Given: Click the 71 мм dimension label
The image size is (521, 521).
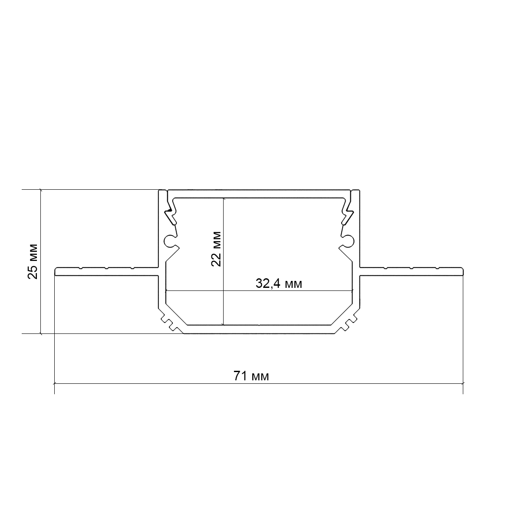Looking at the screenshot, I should (x=251, y=376).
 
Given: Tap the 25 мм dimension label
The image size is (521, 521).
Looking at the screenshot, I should (x=33, y=261).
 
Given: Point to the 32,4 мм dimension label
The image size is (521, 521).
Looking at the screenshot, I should (x=279, y=284).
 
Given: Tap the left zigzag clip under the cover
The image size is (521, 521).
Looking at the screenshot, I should (x=170, y=212).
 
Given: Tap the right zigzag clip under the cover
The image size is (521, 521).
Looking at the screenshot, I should (x=348, y=212).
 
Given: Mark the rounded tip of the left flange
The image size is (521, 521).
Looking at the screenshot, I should (x=56, y=272).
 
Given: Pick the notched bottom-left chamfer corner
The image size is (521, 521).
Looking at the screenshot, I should (x=169, y=321).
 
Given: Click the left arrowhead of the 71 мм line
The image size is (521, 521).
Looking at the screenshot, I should (x=55, y=383).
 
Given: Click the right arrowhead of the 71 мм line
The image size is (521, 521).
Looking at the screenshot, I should (x=462, y=383).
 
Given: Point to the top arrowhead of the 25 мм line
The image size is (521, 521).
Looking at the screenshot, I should (x=40, y=190).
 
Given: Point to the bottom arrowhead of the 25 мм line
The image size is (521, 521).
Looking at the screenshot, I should (x=40, y=333).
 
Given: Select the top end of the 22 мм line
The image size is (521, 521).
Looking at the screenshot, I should (x=223, y=198).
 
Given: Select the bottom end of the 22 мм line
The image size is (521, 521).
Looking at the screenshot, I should (x=223, y=324).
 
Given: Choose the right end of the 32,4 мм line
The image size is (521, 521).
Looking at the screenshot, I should (x=352, y=290).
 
